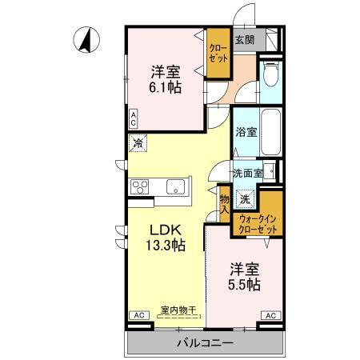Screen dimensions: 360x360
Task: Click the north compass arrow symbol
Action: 86,39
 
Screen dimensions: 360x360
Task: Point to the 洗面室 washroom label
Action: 248,173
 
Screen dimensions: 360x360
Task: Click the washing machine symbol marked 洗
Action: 246,198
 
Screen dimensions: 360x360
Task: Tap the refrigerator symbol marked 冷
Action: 138,144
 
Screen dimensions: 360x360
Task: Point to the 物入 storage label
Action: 225,204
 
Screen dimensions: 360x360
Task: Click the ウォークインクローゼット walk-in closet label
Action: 258,223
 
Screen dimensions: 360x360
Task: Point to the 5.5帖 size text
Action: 242,284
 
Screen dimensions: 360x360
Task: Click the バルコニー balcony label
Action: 205,343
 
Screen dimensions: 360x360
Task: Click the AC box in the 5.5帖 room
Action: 270,316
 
